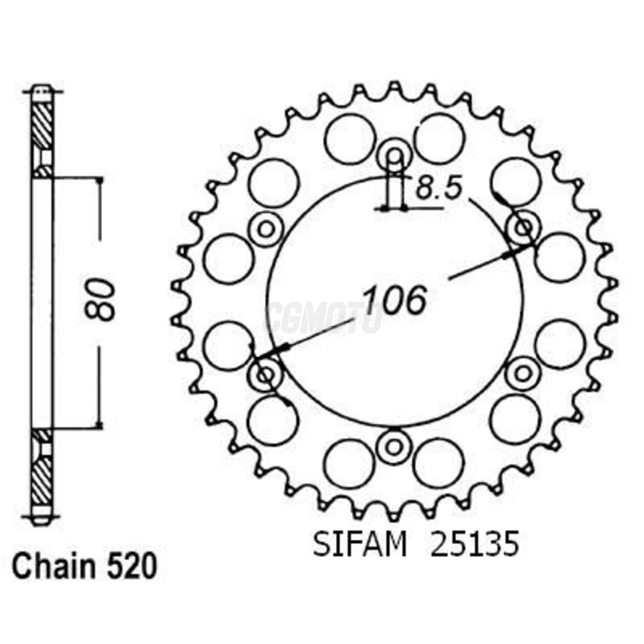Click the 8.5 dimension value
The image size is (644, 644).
(438, 189)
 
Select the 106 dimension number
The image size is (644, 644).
(394, 300)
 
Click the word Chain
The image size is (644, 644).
(54, 567)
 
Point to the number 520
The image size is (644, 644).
(132, 567)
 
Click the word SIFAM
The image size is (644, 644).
(360, 545)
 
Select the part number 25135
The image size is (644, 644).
(475, 545)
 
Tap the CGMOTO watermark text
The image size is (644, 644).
(322, 317)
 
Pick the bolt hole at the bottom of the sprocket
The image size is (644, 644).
(394, 447)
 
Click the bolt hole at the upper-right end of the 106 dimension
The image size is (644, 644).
(523, 227)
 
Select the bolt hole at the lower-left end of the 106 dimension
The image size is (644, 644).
(265, 375)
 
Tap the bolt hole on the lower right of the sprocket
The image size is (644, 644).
(522, 374)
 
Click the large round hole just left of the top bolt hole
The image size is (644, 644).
(349, 139)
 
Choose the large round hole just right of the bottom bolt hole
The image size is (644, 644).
(438, 463)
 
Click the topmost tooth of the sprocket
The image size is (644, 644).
(394, 87)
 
